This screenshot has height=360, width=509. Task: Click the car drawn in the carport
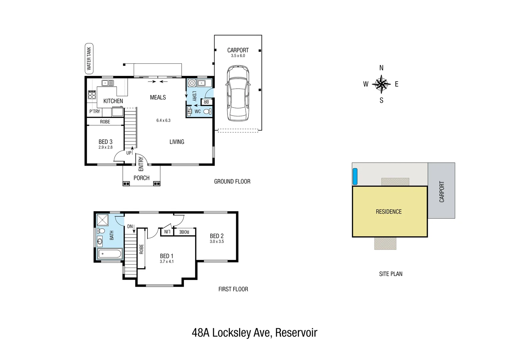(238, 93)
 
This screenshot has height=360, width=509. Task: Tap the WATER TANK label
(89, 58)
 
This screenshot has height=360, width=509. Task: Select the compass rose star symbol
(381, 84)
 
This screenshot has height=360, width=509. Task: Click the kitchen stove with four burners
(92, 95)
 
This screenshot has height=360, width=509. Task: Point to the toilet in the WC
(207, 111)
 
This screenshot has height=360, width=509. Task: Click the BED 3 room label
(105, 142)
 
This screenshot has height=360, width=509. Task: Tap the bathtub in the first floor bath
(110, 254)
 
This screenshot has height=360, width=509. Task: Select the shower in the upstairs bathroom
(103, 220)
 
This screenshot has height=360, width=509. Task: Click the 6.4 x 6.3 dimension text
(163, 120)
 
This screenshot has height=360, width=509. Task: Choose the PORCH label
(141, 178)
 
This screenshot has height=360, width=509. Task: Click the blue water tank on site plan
(355, 176)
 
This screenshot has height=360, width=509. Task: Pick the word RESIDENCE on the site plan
(388, 212)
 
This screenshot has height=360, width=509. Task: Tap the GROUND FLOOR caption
(232, 182)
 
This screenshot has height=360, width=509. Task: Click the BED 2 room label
(217, 236)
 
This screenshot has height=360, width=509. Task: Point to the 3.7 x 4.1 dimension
(167, 262)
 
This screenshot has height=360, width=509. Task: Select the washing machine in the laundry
(191, 83)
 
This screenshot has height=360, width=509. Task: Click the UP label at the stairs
(129, 153)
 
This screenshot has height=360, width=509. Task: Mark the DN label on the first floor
(130, 226)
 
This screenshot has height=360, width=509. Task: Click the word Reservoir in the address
(296, 333)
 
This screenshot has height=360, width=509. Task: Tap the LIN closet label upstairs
(167, 232)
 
